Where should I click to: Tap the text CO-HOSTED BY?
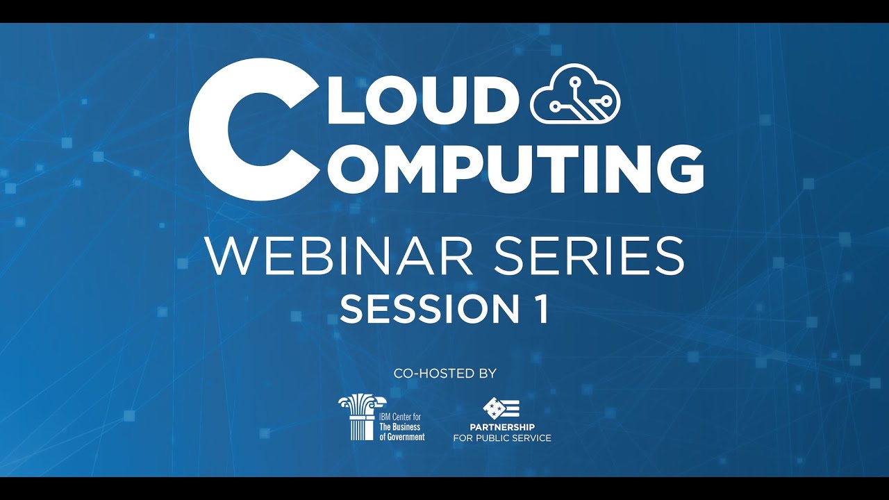445,374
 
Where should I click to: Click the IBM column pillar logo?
358,417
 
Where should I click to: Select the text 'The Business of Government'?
402,432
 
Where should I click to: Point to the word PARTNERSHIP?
502,426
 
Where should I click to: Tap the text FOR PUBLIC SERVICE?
502,438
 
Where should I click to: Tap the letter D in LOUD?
494,97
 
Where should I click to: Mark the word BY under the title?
487,374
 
